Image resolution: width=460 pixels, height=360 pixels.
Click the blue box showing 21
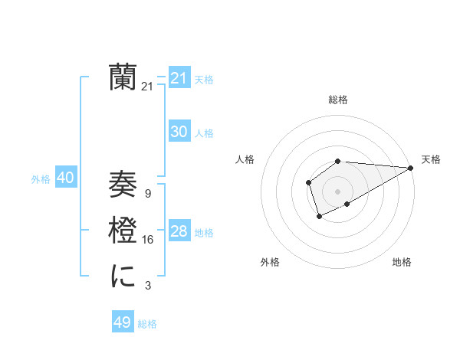[179, 77]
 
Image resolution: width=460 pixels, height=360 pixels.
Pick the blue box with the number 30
[179, 132]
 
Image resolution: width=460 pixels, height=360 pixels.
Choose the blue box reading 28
[179, 231]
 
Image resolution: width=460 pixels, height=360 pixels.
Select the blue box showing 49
[122, 322]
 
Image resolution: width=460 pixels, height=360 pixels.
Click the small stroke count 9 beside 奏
[147, 194]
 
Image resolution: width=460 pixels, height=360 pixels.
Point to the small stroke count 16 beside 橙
[147, 240]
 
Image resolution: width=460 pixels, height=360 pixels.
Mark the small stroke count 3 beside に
[147, 286]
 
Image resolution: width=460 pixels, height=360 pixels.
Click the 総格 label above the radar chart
[337, 100]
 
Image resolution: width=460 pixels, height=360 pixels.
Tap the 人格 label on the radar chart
[245, 159]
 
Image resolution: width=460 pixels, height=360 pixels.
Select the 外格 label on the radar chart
[270, 262]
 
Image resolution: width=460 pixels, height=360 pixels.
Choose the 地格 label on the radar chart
[402, 262]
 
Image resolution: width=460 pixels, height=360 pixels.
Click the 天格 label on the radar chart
[431, 159]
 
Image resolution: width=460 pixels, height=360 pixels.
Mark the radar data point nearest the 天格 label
[411, 168]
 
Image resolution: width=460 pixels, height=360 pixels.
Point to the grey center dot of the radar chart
[337, 191]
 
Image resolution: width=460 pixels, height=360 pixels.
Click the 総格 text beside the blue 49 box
[147, 324]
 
